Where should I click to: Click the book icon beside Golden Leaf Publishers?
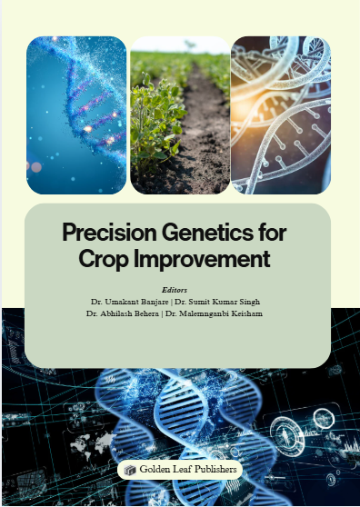130,470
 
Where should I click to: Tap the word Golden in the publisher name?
157,470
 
